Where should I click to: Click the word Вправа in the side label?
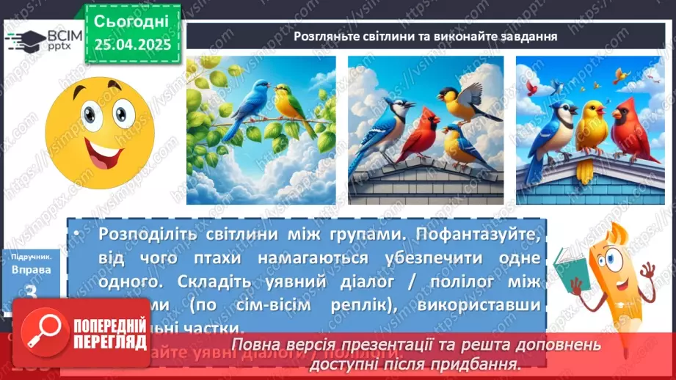pyautogui.click(x=31, y=270)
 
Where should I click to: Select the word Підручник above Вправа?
pyautogui.click(x=31, y=257)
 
